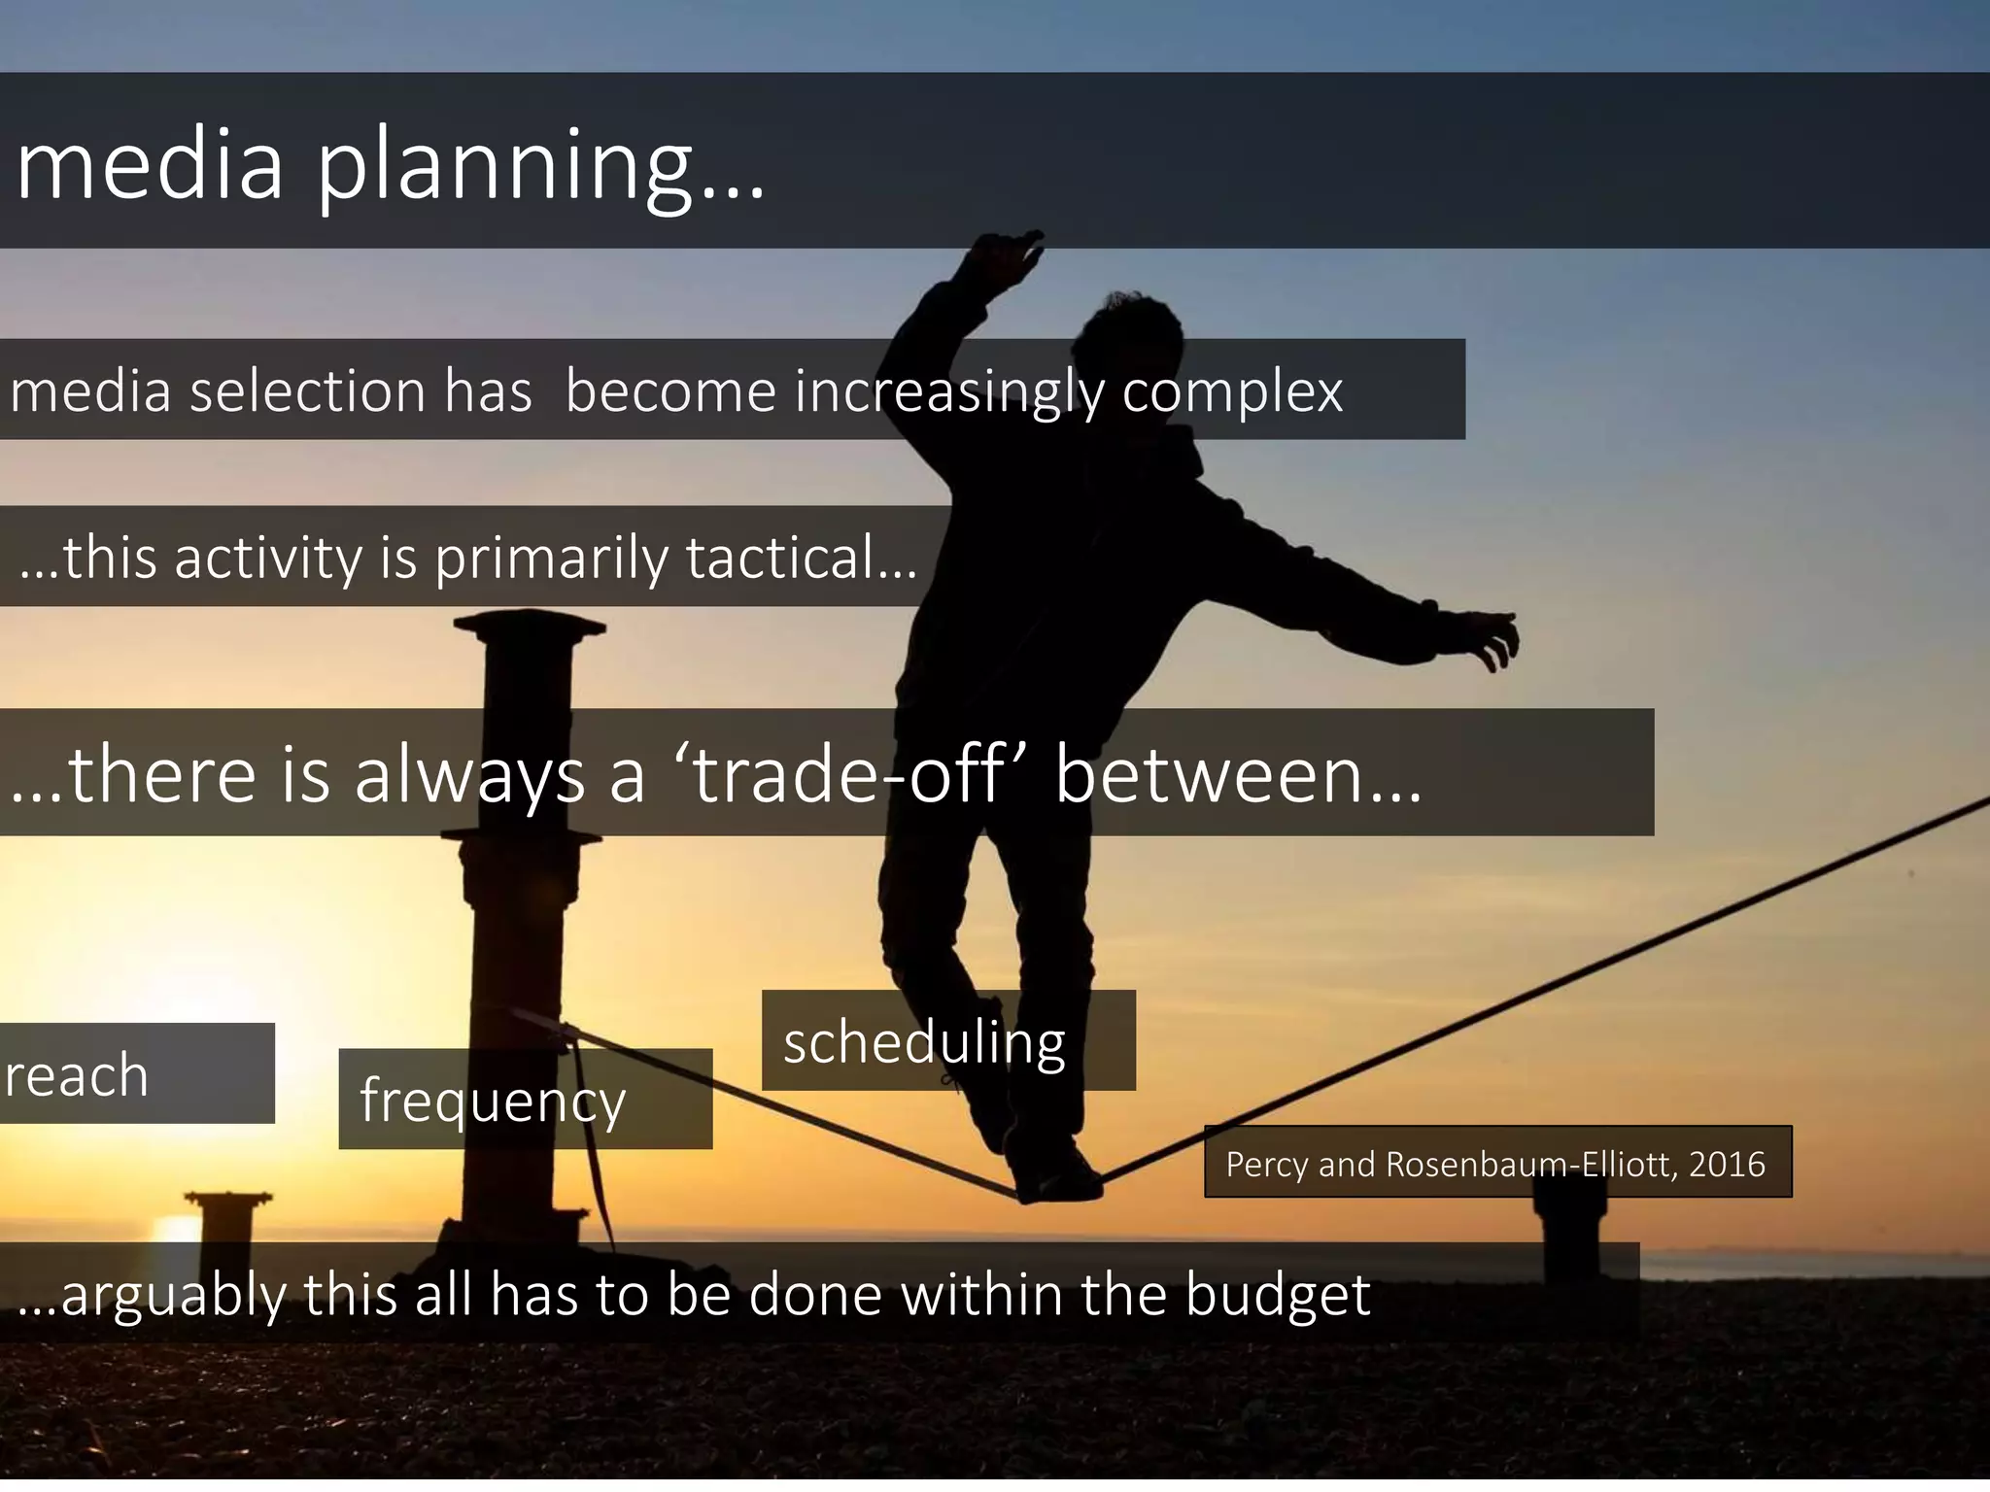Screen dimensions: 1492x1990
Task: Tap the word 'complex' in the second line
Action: pos(1232,391)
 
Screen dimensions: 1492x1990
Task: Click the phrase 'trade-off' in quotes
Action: pos(847,774)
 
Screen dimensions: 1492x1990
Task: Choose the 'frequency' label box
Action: pos(525,1100)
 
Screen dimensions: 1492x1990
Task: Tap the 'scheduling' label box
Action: pos(947,1041)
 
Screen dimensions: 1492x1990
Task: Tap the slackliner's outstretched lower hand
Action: pos(1492,636)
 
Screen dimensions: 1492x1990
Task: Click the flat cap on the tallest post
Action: pos(529,626)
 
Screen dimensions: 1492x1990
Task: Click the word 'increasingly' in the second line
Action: pos(949,391)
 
